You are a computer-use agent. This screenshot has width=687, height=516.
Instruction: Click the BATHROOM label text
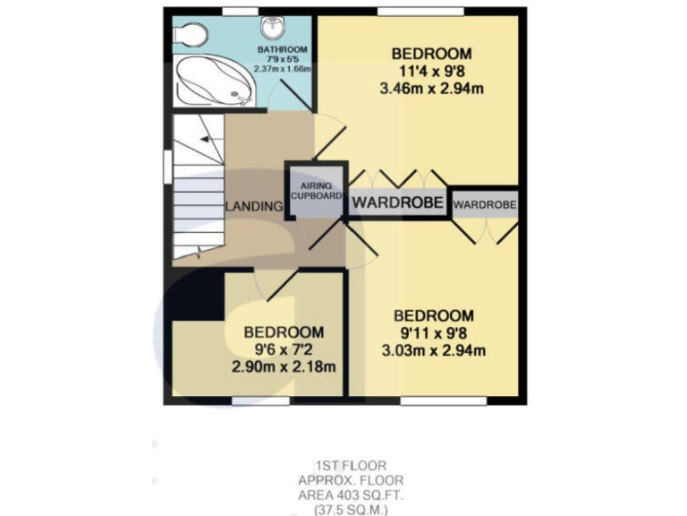tap(283, 49)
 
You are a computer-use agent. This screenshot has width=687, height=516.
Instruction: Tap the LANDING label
tap(254, 207)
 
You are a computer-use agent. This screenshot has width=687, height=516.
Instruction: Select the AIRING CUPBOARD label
tap(316, 190)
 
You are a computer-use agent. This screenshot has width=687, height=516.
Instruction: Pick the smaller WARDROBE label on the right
tap(485, 205)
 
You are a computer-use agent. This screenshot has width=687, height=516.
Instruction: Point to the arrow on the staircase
tap(206, 140)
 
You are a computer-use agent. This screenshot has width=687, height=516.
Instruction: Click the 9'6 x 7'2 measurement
tap(284, 348)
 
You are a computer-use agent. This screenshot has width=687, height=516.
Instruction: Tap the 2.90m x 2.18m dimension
tap(284, 366)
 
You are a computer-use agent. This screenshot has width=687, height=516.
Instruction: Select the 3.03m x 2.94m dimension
tap(435, 350)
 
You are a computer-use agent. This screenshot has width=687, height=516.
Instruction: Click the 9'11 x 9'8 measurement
tap(435, 332)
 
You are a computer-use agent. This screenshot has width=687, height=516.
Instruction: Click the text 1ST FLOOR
tap(349, 465)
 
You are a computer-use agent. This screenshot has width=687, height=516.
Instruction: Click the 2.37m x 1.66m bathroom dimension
tap(283, 68)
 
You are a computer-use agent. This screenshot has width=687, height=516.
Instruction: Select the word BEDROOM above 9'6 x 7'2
tap(284, 331)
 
